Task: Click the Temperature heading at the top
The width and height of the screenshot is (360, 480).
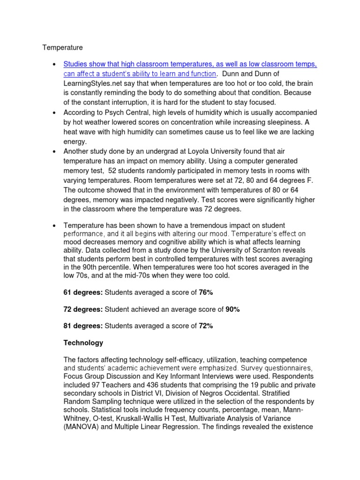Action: [63, 47]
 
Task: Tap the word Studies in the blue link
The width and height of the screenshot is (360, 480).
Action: [76, 64]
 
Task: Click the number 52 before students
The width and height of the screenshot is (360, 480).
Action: [112, 170]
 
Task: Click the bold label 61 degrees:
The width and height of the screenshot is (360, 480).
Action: [83, 292]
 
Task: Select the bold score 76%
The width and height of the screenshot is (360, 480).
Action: [206, 292]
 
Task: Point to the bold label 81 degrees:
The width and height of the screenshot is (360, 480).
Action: [83, 326]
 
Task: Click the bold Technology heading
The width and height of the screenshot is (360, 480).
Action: [83, 343]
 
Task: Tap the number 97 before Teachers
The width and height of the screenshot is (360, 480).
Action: [98, 376]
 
